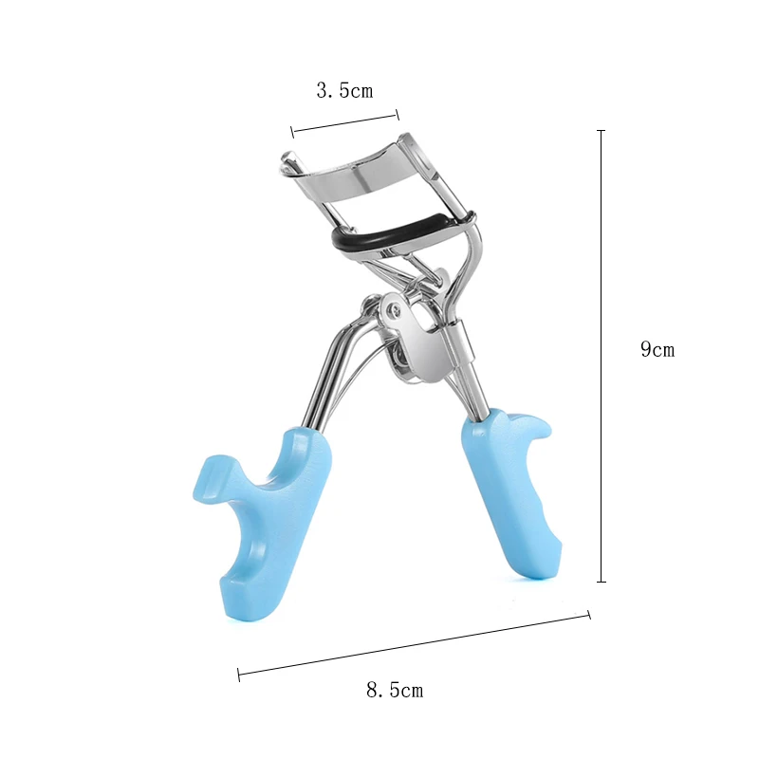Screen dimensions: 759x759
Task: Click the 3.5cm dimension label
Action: click(344, 91)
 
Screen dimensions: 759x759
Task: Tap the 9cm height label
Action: click(657, 349)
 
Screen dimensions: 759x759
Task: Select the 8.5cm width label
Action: click(394, 690)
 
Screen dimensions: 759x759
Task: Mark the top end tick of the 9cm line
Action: click(601, 130)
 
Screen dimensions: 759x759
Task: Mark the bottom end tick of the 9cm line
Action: click(601, 582)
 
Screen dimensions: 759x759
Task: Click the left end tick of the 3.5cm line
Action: click(293, 132)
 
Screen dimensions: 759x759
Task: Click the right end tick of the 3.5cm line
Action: click(398, 115)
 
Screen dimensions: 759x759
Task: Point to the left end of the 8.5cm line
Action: click(238, 675)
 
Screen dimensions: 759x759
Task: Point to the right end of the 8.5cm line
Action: click(589, 615)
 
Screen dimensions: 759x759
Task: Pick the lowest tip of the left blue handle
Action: click(239, 612)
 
